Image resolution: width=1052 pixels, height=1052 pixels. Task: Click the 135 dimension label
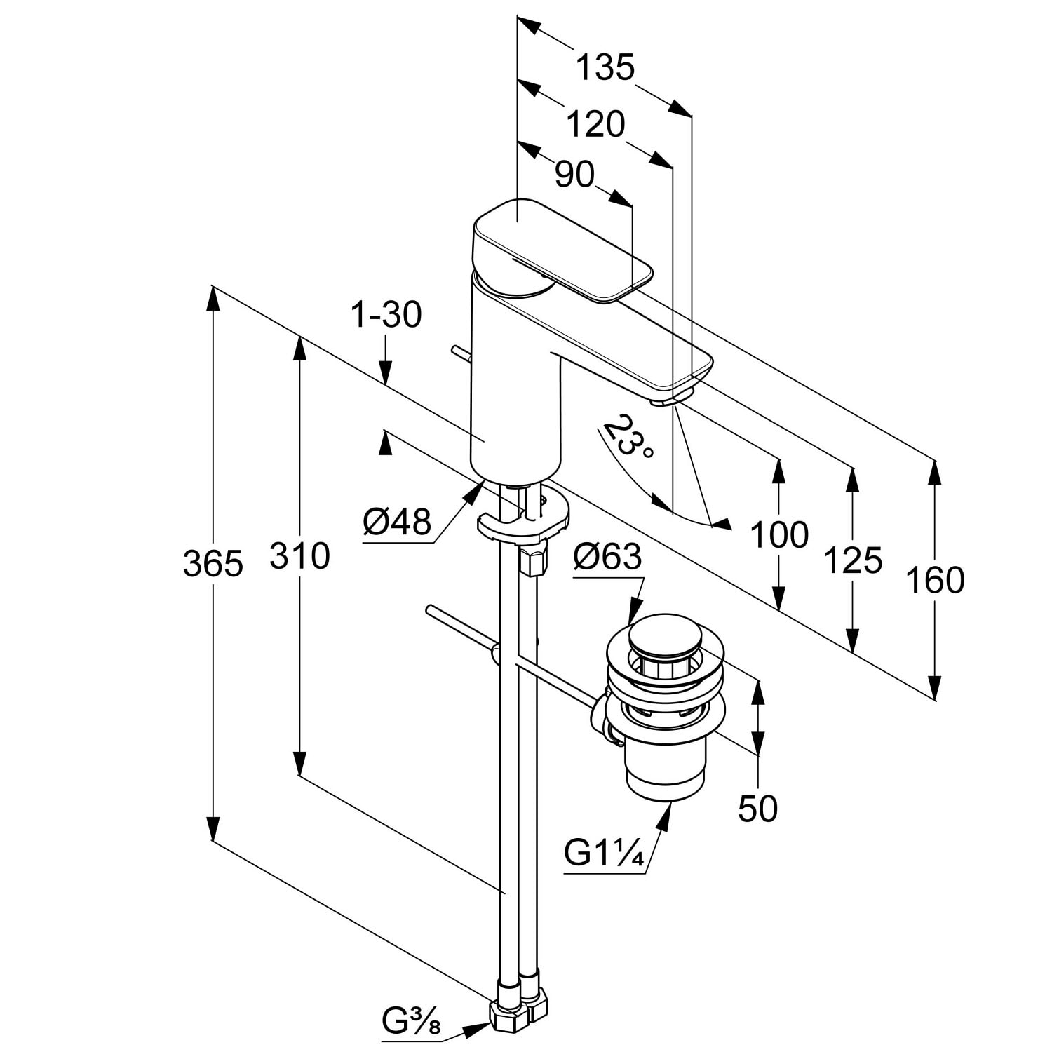click(x=605, y=68)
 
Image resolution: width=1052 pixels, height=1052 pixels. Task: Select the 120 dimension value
click(x=595, y=125)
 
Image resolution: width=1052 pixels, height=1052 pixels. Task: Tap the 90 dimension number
click(x=574, y=175)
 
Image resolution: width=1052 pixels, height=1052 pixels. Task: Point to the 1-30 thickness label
click(x=386, y=315)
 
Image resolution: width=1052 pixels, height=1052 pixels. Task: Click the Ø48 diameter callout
click(x=397, y=522)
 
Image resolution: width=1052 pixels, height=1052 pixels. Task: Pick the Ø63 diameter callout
click(x=607, y=557)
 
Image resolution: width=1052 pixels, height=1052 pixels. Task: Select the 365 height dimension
click(x=213, y=564)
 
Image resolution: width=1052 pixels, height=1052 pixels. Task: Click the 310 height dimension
click(x=299, y=556)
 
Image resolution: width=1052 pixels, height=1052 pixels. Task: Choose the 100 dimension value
click(x=779, y=535)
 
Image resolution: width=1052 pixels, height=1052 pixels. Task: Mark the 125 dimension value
click(x=852, y=560)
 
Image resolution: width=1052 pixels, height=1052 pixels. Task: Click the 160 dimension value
click(x=935, y=581)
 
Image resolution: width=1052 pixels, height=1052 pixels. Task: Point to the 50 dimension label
click(x=758, y=809)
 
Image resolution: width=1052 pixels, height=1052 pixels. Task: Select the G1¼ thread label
click(x=604, y=854)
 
